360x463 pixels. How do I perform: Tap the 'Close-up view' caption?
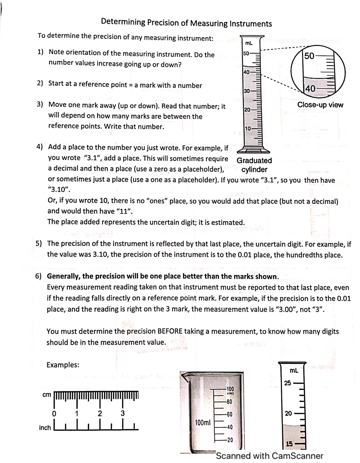(x=320, y=105)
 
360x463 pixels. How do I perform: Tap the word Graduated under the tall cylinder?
(x=254, y=160)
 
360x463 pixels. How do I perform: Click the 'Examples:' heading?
(x=63, y=365)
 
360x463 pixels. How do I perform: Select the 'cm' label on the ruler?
(x=46, y=395)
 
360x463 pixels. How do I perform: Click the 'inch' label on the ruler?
(x=45, y=428)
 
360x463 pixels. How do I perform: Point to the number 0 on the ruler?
(x=55, y=414)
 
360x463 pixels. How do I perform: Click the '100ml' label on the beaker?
(x=204, y=423)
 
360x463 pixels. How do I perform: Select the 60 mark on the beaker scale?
(x=229, y=415)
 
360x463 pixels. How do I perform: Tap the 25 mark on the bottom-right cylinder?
(x=287, y=383)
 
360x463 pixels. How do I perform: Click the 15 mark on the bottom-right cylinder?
(x=289, y=444)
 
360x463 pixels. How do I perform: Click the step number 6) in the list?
(x=39, y=276)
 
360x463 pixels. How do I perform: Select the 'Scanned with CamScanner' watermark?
(x=269, y=456)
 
